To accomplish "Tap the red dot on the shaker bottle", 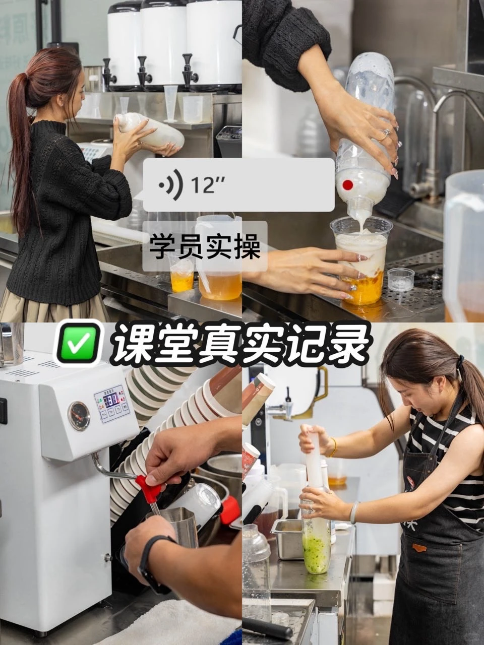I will (347, 185).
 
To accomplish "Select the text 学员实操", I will (204, 247).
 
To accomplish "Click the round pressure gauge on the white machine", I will (79, 416).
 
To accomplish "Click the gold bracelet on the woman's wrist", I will (333, 447).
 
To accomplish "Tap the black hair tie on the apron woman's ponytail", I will (460, 361).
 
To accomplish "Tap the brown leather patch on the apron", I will (419, 548).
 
